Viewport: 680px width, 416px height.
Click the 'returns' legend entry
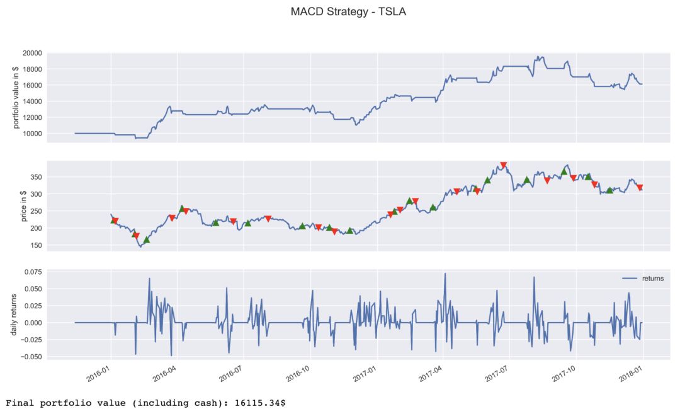652,278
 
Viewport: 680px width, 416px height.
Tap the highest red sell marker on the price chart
503,165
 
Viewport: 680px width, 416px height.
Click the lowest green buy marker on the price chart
147,240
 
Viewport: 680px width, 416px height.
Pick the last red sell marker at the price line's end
640,188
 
